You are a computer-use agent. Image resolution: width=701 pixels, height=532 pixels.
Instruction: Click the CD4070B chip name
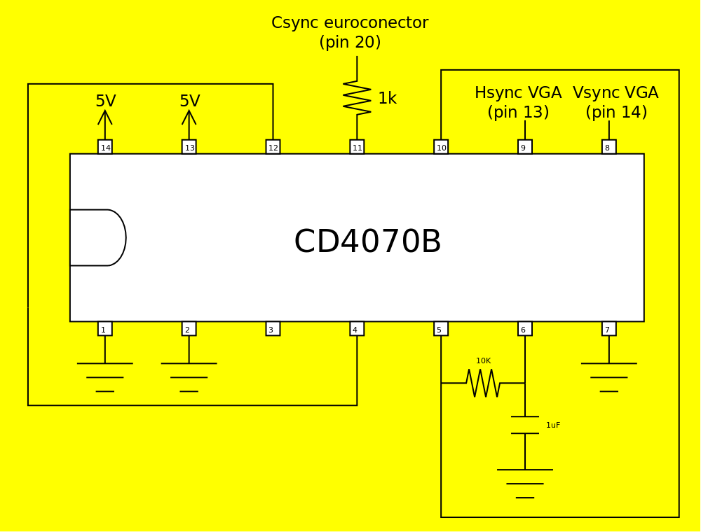point(367,242)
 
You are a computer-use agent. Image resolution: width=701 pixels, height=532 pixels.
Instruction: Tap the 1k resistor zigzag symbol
point(357,98)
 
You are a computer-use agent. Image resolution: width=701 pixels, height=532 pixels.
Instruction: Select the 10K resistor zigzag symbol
point(483,383)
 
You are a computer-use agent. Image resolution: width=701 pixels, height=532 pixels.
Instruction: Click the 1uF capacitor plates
point(524,425)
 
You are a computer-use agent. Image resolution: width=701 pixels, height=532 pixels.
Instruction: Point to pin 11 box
point(357,147)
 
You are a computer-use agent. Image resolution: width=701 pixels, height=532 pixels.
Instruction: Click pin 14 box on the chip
point(105,147)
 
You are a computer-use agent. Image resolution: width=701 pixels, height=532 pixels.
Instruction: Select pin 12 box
point(273,147)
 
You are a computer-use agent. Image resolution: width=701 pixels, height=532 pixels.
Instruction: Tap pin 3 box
point(273,329)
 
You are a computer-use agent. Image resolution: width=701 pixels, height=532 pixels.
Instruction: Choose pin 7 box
point(608,329)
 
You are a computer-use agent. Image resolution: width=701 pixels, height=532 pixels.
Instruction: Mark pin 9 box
point(524,147)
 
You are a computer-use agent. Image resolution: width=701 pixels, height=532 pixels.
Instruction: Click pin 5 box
point(441,329)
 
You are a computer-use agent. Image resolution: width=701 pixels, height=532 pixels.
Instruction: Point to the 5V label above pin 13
point(189,101)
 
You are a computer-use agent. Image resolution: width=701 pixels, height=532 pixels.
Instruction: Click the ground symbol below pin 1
point(105,377)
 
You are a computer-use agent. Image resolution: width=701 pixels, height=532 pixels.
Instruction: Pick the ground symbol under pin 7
point(608,377)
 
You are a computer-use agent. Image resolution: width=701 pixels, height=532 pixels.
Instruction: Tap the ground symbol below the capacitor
point(524,483)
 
